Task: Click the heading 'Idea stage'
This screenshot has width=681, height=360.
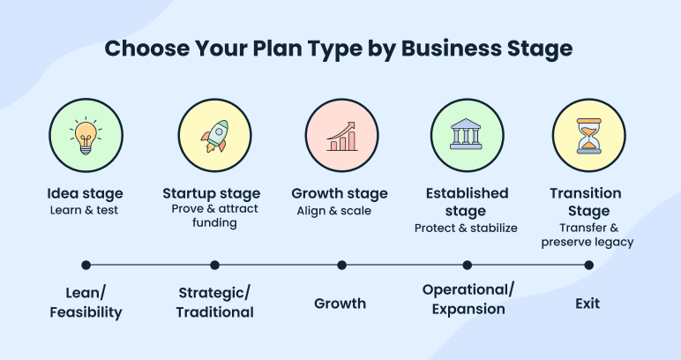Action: (85, 193)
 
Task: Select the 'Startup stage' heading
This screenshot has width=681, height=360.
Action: (212, 193)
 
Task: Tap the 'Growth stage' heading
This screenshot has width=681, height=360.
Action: (340, 193)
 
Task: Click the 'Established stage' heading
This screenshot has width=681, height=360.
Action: (467, 202)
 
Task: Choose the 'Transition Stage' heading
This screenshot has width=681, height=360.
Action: (587, 202)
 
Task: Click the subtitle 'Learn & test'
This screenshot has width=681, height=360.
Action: (85, 210)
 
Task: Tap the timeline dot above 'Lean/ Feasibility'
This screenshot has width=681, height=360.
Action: (86, 265)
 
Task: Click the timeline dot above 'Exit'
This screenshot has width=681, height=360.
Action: (588, 265)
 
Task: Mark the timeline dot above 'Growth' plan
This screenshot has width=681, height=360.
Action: (341, 265)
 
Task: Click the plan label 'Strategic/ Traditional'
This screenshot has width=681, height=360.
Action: (214, 302)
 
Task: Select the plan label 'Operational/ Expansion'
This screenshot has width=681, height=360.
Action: (468, 299)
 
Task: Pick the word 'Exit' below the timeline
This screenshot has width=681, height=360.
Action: (587, 304)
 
